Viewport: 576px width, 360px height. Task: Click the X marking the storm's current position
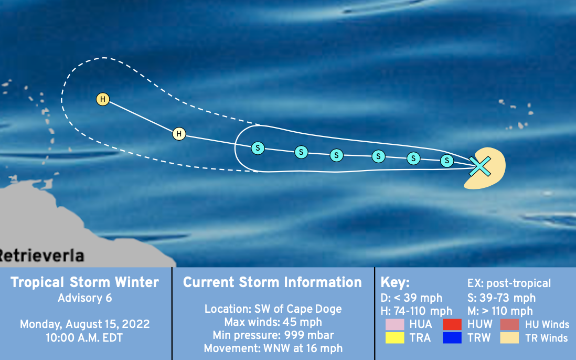[480, 166]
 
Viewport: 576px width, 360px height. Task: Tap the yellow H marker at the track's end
[103, 99]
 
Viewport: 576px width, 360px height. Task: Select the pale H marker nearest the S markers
[179, 134]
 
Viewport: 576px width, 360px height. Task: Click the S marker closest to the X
[447, 161]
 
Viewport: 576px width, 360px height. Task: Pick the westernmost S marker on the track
[258, 149]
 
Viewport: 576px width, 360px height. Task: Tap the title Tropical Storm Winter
[84, 282]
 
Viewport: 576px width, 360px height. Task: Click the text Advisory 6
[85, 298]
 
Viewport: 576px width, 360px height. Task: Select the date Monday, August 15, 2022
[85, 324]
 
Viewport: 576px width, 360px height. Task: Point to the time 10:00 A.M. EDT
[84, 337]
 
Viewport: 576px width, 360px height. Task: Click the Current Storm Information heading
[272, 282]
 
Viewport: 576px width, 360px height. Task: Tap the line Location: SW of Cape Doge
[273, 309]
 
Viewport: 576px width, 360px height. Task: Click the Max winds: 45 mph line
[273, 322]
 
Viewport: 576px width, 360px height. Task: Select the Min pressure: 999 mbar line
[273, 335]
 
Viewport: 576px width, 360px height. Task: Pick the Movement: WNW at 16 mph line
[273, 348]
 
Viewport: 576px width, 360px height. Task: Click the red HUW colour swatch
[452, 324]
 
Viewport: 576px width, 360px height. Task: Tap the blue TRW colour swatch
[452, 337]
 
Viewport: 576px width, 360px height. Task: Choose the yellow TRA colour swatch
[395, 337]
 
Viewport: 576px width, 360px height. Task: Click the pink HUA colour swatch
[395, 324]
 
